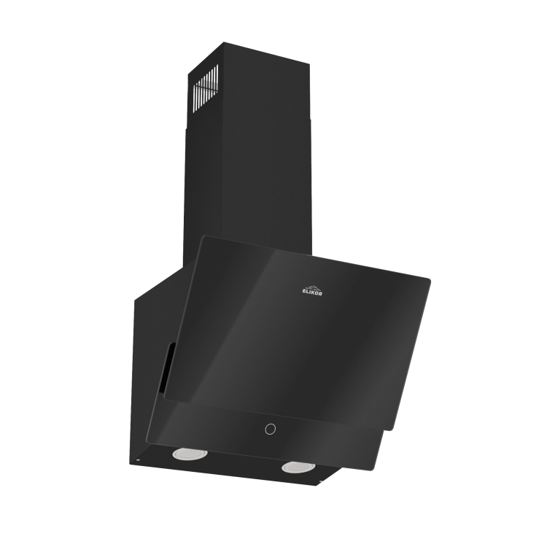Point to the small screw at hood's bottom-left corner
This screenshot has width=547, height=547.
tap(136, 460)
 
